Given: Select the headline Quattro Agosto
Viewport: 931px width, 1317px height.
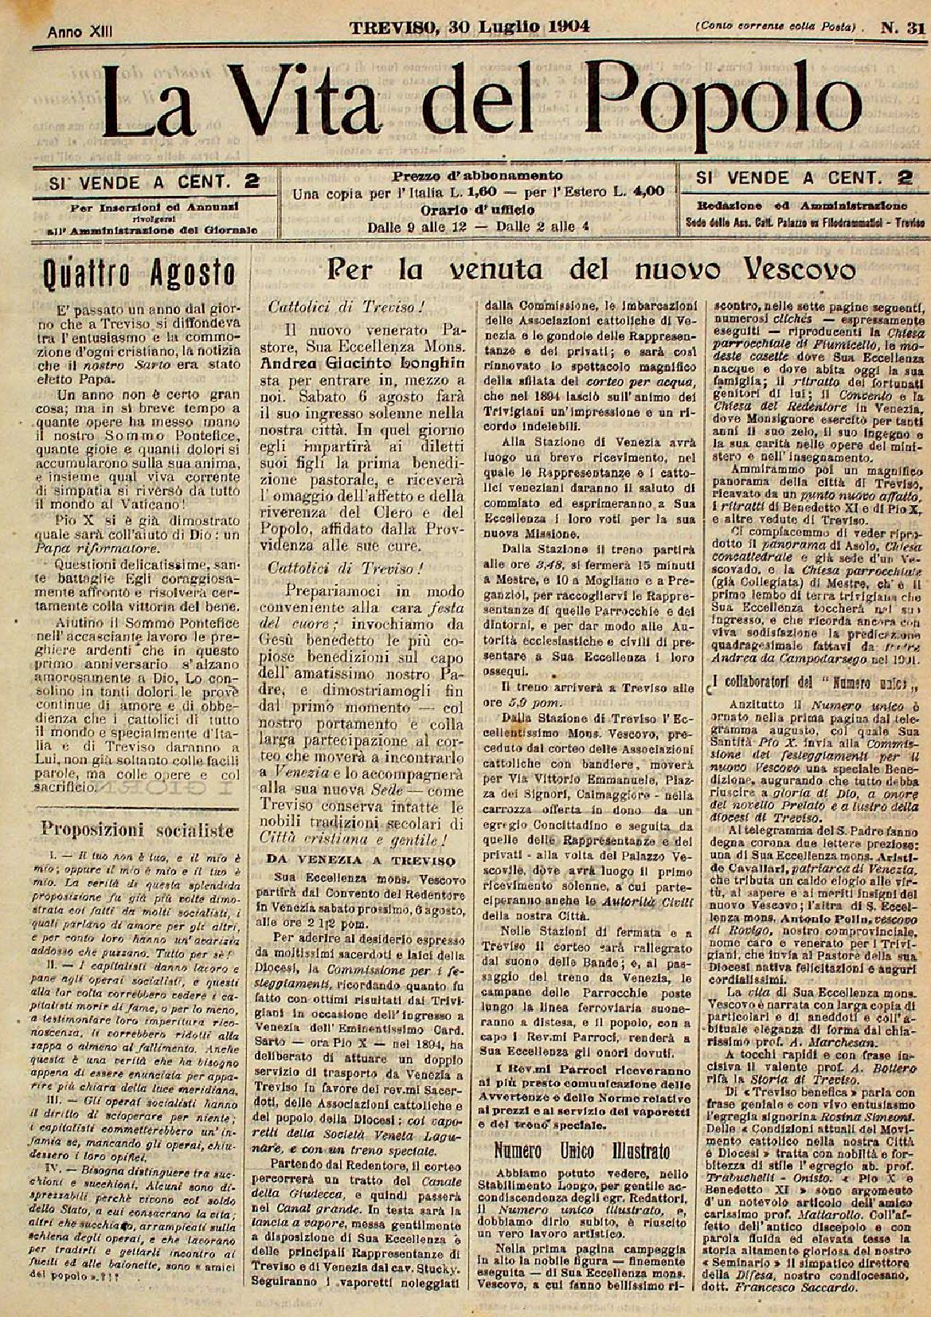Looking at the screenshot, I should (x=139, y=275).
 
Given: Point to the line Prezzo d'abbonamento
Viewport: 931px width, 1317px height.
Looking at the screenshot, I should (x=477, y=175).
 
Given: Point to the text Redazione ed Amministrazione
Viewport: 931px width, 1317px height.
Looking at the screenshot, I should (x=796, y=203).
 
